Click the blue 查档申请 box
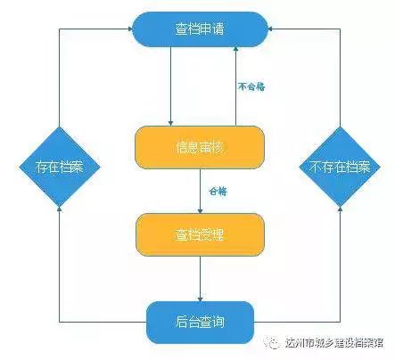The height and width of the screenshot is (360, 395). tap(200, 29)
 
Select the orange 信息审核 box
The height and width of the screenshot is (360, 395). tap(200, 147)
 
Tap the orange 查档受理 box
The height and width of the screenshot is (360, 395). tap(200, 234)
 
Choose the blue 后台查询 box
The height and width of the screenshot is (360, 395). tap(200, 322)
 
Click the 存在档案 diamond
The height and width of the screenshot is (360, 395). tap(59, 167)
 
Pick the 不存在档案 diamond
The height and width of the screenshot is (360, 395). tap(342, 167)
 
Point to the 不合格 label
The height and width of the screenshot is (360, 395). tap(252, 86)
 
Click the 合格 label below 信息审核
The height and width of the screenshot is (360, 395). tap(217, 192)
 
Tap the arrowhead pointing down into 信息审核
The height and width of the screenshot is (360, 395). tap(169, 122)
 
